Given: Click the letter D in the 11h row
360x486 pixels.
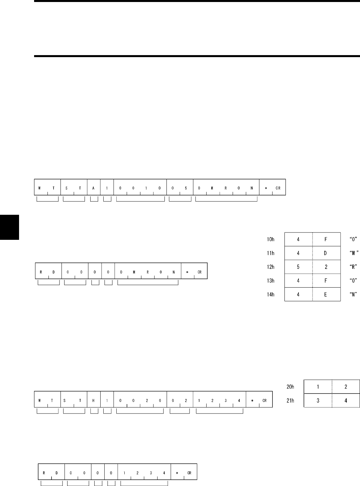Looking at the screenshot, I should click(x=326, y=253).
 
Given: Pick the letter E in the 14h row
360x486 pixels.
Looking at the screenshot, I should click(x=326, y=295).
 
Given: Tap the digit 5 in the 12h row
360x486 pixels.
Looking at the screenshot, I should click(x=298, y=267).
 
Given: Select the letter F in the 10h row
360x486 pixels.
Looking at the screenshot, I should click(x=326, y=239).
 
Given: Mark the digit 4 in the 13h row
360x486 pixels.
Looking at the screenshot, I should click(x=298, y=281).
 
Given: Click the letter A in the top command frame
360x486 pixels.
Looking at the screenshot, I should click(x=93, y=188).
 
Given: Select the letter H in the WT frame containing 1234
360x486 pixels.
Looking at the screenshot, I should click(x=93, y=400).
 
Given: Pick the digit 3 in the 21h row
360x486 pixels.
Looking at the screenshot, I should click(x=318, y=400).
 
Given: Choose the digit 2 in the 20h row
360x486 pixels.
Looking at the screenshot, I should click(x=346, y=387).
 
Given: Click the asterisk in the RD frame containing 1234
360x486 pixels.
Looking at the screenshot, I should click(x=177, y=473).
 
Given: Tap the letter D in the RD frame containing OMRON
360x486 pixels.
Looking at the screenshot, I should click(x=54, y=272).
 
